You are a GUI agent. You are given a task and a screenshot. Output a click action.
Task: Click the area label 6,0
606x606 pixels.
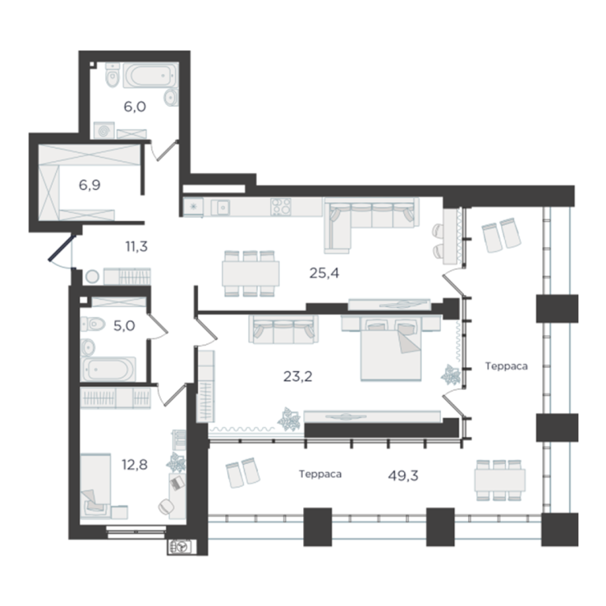pyautogui.click(x=134, y=107)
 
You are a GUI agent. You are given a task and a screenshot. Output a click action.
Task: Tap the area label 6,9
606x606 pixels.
pyautogui.click(x=90, y=185)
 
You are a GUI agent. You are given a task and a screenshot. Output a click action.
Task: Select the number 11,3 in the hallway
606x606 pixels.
pyautogui.click(x=137, y=246)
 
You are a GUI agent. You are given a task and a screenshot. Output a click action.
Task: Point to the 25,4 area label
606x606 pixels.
pyautogui.click(x=324, y=273)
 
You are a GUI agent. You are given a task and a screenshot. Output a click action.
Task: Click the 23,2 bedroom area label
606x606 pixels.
pyautogui.click(x=297, y=376)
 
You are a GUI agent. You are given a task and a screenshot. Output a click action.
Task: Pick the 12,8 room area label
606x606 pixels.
pyautogui.click(x=134, y=465)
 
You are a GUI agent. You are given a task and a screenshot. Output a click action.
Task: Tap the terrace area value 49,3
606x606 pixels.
pyautogui.click(x=403, y=476)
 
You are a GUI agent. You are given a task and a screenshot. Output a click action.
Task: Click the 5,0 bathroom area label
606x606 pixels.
pyautogui.click(x=124, y=326)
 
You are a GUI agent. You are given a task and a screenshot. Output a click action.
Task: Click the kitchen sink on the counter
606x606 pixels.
pyautogui.click(x=221, y=208)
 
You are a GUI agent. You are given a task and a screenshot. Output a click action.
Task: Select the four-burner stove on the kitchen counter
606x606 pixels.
pyautogui.click(x=281, y=207)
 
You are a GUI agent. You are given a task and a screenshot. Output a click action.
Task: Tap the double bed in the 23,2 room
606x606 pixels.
pyautogui.click(x=391, y=349)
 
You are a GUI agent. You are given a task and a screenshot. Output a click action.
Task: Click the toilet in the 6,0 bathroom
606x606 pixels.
pyautogui.click(x=113, y=76)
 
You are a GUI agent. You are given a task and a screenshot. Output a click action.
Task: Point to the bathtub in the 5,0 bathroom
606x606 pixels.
pyautogui.click(x=109, y=369)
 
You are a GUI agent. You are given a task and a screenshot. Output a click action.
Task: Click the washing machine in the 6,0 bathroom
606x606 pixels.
pyautogui.click(x=104, y=130)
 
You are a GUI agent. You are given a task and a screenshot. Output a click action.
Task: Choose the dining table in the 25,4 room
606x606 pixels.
pyautogui.click(x=250, y=273)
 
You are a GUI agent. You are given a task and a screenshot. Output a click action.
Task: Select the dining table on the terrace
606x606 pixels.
pyautogui.click(x=499, y=480)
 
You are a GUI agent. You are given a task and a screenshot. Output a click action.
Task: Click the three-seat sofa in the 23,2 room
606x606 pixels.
pyautogui.click(x=283, y=329)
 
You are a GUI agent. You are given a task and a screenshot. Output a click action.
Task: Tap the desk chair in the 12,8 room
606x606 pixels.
pyautogui.click(x=166, y=507)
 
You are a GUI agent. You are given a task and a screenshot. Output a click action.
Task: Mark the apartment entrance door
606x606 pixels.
pyautogui.click(x=60, y=247)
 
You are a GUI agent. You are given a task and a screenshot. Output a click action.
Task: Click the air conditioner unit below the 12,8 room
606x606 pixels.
pyautogui.click(x=182, y=547)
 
